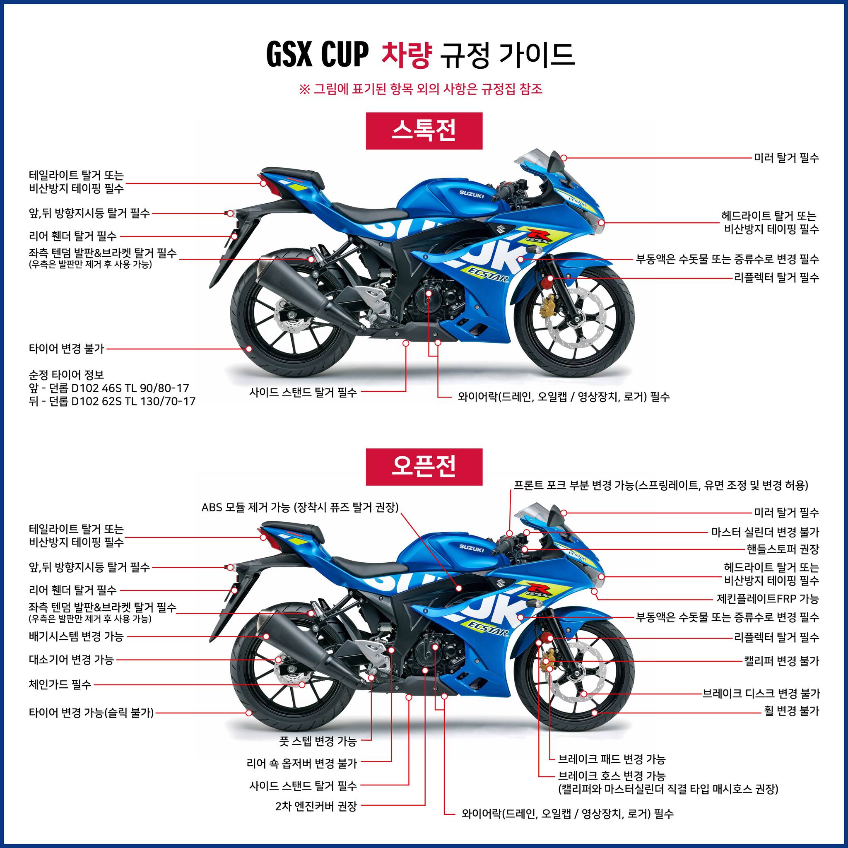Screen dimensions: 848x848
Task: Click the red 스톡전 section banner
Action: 424,131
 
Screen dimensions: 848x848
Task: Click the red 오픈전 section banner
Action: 424,467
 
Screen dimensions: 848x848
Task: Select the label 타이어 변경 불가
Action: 67,349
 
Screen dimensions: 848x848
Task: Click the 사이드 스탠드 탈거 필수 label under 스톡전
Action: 303,393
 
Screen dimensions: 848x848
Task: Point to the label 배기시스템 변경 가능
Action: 76,636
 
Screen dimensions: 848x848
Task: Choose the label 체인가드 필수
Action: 60,684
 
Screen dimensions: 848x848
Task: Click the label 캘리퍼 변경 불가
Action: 782,661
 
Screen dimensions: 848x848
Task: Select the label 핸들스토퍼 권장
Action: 783,549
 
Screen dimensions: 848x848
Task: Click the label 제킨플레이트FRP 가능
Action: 768,599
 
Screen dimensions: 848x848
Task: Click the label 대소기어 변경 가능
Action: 72,659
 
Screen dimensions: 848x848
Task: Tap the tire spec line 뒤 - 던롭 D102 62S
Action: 112,401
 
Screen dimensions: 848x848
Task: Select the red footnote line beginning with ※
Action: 421,89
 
